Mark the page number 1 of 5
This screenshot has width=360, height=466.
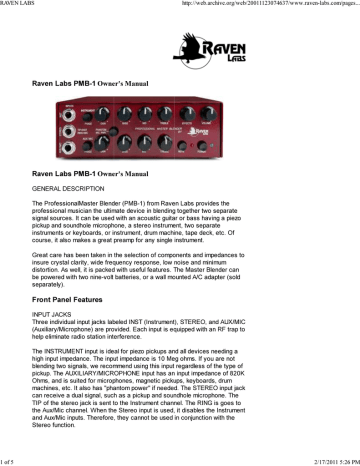tap(11, 461)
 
